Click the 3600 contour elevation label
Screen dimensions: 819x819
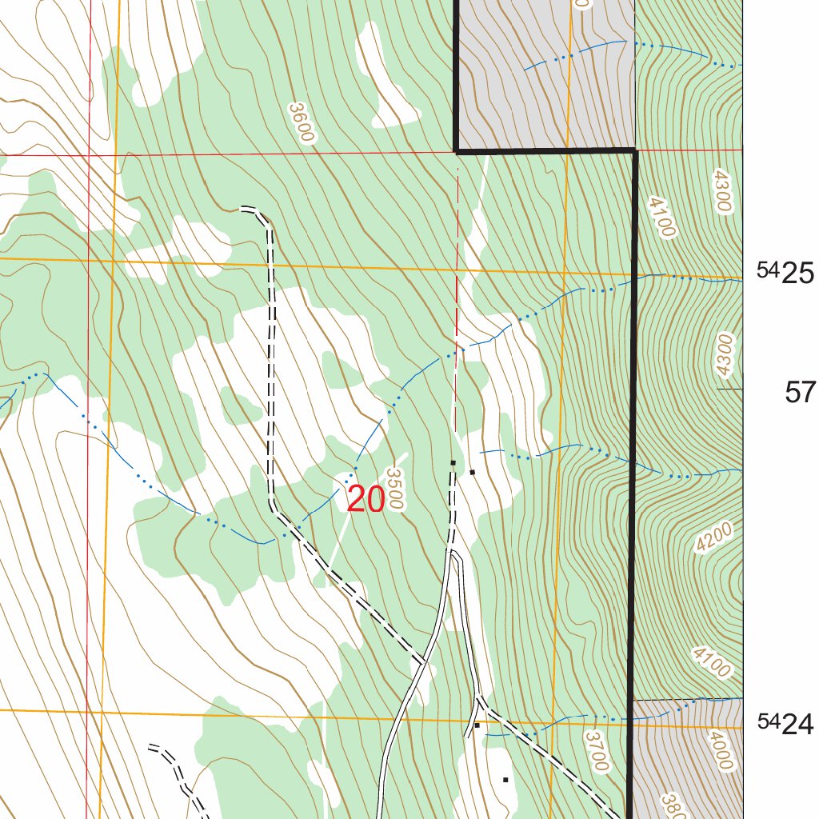[301, 122]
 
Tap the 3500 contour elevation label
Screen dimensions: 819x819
[396, 489]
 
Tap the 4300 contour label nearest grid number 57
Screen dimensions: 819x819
[723, 354]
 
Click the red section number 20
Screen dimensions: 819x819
[366, 501]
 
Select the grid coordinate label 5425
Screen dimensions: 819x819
[785, 274]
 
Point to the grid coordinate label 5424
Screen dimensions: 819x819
[785, 724]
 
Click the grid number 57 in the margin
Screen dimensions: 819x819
[800, 393]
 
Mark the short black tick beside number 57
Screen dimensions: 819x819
[729, 389]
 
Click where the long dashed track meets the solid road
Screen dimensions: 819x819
[421, 662]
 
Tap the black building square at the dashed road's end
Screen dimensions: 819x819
[453, 463]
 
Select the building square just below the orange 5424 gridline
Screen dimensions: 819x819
[477, 725]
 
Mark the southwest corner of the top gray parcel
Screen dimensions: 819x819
[457, 150]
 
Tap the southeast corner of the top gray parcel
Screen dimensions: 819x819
[635, 150]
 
